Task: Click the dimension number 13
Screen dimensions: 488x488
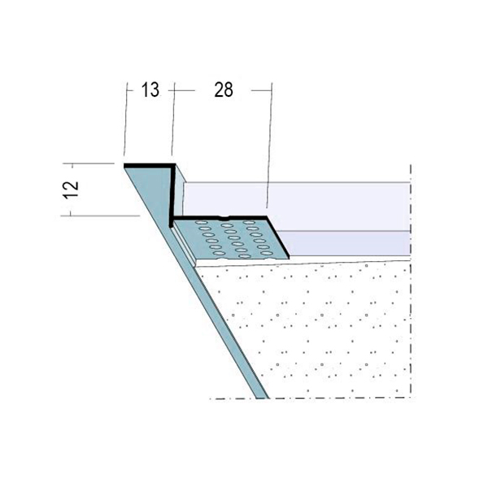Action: [150, 90]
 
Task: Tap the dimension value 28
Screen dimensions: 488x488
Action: [224, 90]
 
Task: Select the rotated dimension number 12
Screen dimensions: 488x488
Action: [72, 190]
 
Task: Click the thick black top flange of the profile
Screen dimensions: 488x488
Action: [150, 166]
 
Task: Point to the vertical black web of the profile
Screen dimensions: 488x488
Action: [172, 194]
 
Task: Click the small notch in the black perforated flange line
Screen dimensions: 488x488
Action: [224, 217]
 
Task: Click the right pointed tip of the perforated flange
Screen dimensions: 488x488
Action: [289, 257]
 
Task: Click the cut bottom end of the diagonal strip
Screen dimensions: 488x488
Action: [263, 398]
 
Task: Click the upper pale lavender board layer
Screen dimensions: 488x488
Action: [296, 207]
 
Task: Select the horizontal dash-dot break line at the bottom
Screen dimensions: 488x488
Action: [312, 398]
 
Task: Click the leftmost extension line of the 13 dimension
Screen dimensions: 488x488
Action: [126, 119]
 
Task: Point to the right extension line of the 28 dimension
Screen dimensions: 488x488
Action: [270, 146]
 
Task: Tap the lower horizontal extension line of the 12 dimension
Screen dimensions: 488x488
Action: [100, 216]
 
